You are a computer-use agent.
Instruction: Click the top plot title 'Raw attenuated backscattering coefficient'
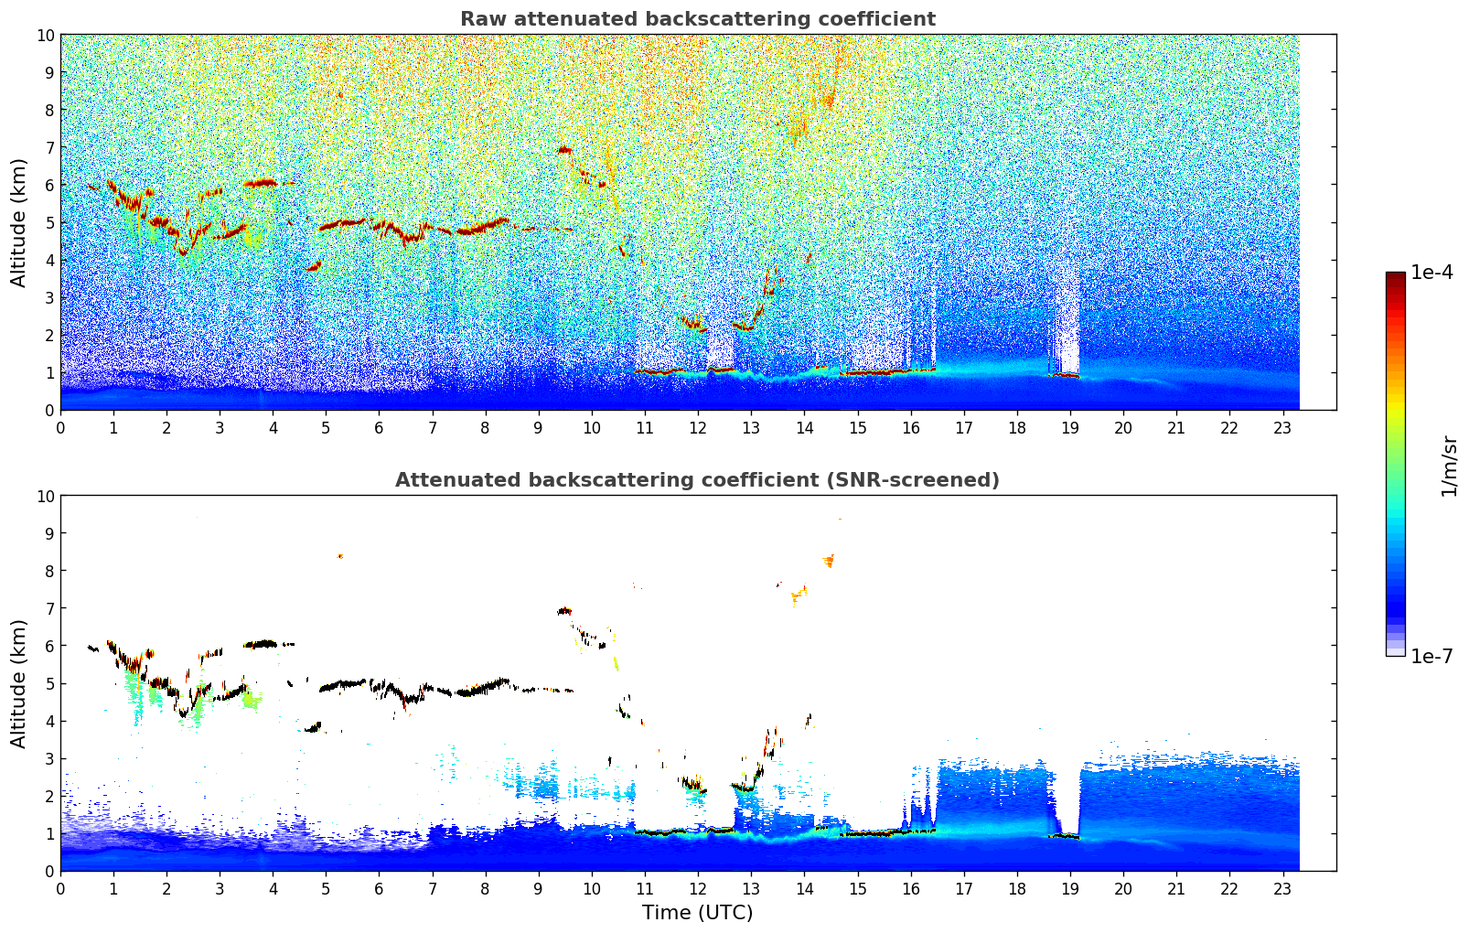click(x=697, y=19)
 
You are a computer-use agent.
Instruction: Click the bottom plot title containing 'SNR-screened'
click(x=697, y=480)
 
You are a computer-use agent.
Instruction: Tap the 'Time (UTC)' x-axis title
click(x=697, y=912)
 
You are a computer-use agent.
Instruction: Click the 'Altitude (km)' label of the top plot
click(x=19, y=222)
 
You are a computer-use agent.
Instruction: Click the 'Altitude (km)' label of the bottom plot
click(x=19, y=683)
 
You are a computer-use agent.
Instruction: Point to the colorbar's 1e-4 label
click(x=1431, y=273)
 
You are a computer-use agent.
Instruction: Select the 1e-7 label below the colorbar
click(x=1431, y=656)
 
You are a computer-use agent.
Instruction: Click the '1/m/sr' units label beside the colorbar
click(x=1448, y=464)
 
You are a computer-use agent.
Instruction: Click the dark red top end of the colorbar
click(x=1395, y=277)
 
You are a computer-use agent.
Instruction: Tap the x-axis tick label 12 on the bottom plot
click(x=698, y=888)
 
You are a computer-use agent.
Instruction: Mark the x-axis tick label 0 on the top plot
click(x=61, y=427)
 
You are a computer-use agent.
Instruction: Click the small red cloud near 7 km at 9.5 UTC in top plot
click(x=564, y=150)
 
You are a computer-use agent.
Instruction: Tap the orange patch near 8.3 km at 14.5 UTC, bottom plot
click(x=829, y=560)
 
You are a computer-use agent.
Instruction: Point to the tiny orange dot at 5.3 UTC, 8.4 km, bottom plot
click(x=340, y=556)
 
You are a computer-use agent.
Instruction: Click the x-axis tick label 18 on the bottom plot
click(x=1017, y=888)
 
